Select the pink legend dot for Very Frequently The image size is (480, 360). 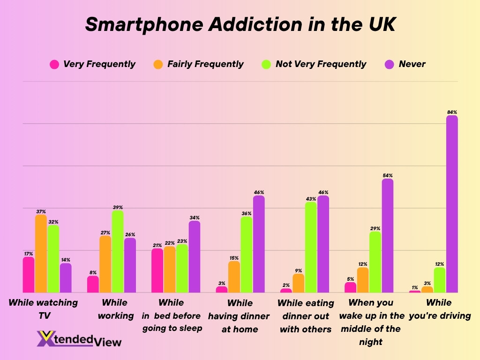(x=54, y=64)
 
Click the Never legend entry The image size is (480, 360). (x=412, y=64)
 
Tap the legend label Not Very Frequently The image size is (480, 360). (x=321, y=64)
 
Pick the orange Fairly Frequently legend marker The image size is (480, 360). (x=158, y=64)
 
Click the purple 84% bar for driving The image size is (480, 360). (x=452, y=204)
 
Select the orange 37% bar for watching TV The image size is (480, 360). (x=41, y=254)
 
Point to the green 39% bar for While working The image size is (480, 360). (x=118, y=252)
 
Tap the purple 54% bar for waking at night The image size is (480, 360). (x=388, y=236)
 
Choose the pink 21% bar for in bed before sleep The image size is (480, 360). (x=157, y=270)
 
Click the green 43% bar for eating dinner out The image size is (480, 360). (x=311, y=247)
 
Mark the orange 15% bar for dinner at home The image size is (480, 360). (x=234, y=277)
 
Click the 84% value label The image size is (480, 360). (x=452, y=112)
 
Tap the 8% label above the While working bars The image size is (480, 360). (x=93, y=272)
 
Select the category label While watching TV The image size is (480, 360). (x=43, y=309)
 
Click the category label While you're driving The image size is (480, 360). (x=439, y=309)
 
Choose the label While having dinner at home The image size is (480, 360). (x=240, y=316)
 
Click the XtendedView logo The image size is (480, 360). (x=79, y=339)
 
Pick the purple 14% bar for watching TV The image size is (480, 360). (x=66, y=278)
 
